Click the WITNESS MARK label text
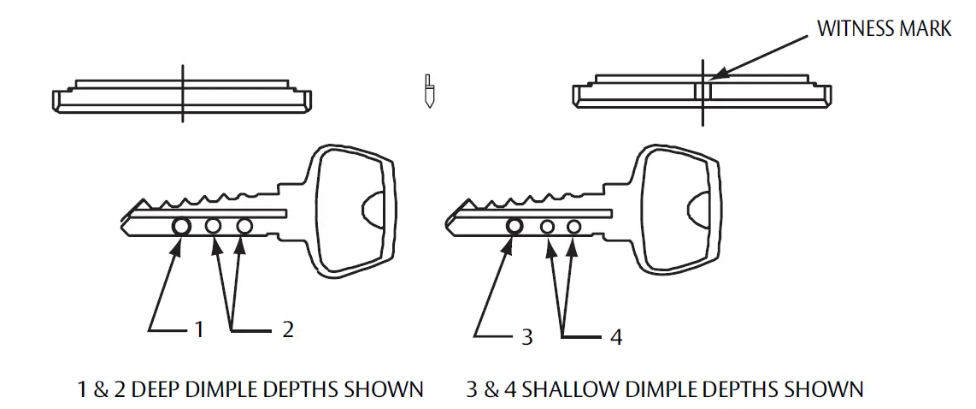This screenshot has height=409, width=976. coord(884,28)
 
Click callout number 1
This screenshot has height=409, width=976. coord(199,329)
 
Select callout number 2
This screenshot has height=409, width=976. coord(288,329)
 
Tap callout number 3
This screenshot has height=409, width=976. coord(526,337)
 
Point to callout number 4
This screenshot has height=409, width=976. coord(615,337)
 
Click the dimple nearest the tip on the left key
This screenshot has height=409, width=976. coord(181,227)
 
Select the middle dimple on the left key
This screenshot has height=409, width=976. coord(213,227)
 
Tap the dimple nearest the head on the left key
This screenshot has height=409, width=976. coord(244,227)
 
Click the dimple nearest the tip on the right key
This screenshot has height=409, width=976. coord(514,226)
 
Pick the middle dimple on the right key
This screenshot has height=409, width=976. coord(548,227)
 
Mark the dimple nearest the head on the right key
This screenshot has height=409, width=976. coord(574,227)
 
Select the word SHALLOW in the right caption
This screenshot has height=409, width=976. coord(565,389)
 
